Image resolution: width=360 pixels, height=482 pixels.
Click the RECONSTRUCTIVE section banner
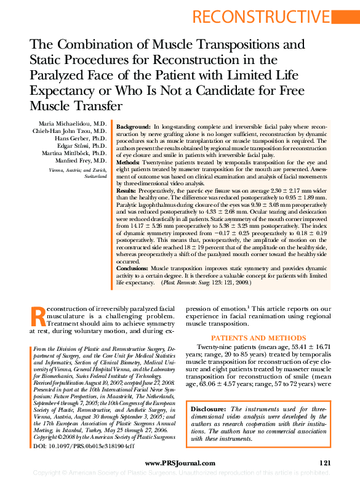pyautogui.click(x=283, y=17)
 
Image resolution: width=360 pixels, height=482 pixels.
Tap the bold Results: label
pyautogui.click(x=128, y=191)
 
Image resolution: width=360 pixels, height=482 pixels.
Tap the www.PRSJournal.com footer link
pyautogui.click(x=180, y=463)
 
